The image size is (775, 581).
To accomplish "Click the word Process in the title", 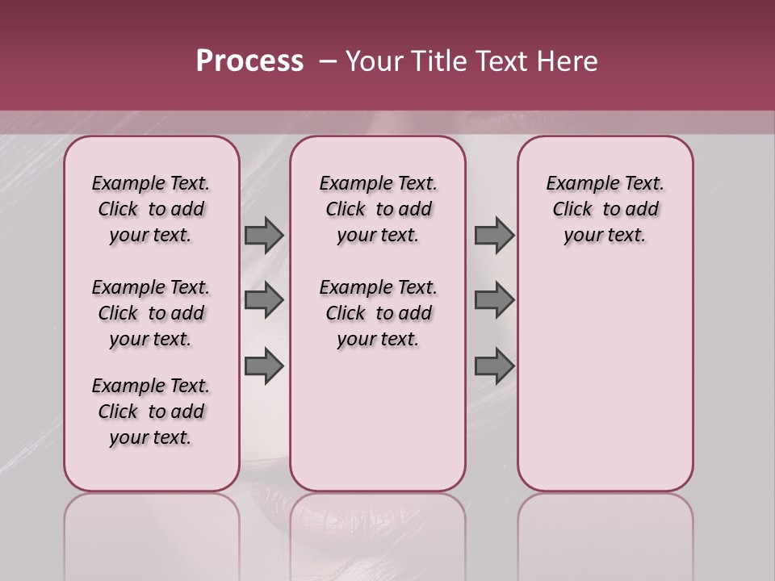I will [x=249, y=61].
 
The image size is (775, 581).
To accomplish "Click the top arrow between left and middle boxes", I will [x=264, y=235].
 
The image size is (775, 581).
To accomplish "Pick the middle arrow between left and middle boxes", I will [x=264, y=300].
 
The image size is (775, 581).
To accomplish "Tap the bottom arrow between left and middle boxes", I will [x=264, y=366].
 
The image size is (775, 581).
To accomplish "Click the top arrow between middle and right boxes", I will [x=494, y=235].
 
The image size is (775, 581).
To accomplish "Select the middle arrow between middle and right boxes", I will [x=494, y=300].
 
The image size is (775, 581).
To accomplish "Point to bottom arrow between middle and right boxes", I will [x=494, y=366].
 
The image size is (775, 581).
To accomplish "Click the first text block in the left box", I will [x=151, y=209].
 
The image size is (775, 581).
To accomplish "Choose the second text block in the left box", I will [x=151, y=313].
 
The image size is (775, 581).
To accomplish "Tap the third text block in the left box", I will [x=151, y=412].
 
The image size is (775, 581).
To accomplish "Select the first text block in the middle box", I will [x=378, y=209].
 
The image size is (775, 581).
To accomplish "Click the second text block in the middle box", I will [x=378, y=313].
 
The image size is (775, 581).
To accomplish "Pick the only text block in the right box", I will [x=605, y=209].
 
